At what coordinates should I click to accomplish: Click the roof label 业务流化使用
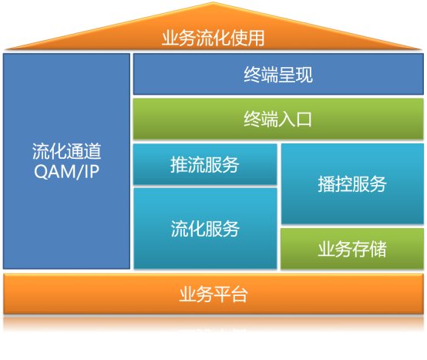pos(213,39)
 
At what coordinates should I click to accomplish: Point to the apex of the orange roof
pos(214,4)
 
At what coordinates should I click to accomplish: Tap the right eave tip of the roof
pos(423,48)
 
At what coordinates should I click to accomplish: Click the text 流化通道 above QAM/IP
pos(66,151)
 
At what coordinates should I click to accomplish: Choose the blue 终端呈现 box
pos(278,75)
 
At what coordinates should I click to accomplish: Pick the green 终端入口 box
pos(278,119)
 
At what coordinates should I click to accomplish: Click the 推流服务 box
pos(205,164)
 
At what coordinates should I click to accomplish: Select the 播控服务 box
pos(352,184)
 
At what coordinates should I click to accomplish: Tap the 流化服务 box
pos(205,228)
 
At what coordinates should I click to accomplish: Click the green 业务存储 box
pos(352,249)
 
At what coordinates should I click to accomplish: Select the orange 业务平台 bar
pos(213,294)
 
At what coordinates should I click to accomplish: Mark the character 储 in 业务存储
pos(378,249)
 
